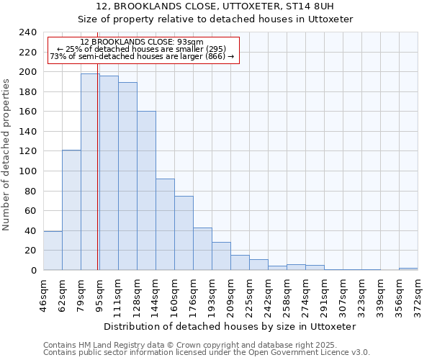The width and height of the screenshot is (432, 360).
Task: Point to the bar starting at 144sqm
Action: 165,224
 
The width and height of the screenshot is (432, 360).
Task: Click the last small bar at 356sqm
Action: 408,269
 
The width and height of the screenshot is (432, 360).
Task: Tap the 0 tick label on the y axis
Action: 34,271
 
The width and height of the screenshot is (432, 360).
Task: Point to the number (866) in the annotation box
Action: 215,56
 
